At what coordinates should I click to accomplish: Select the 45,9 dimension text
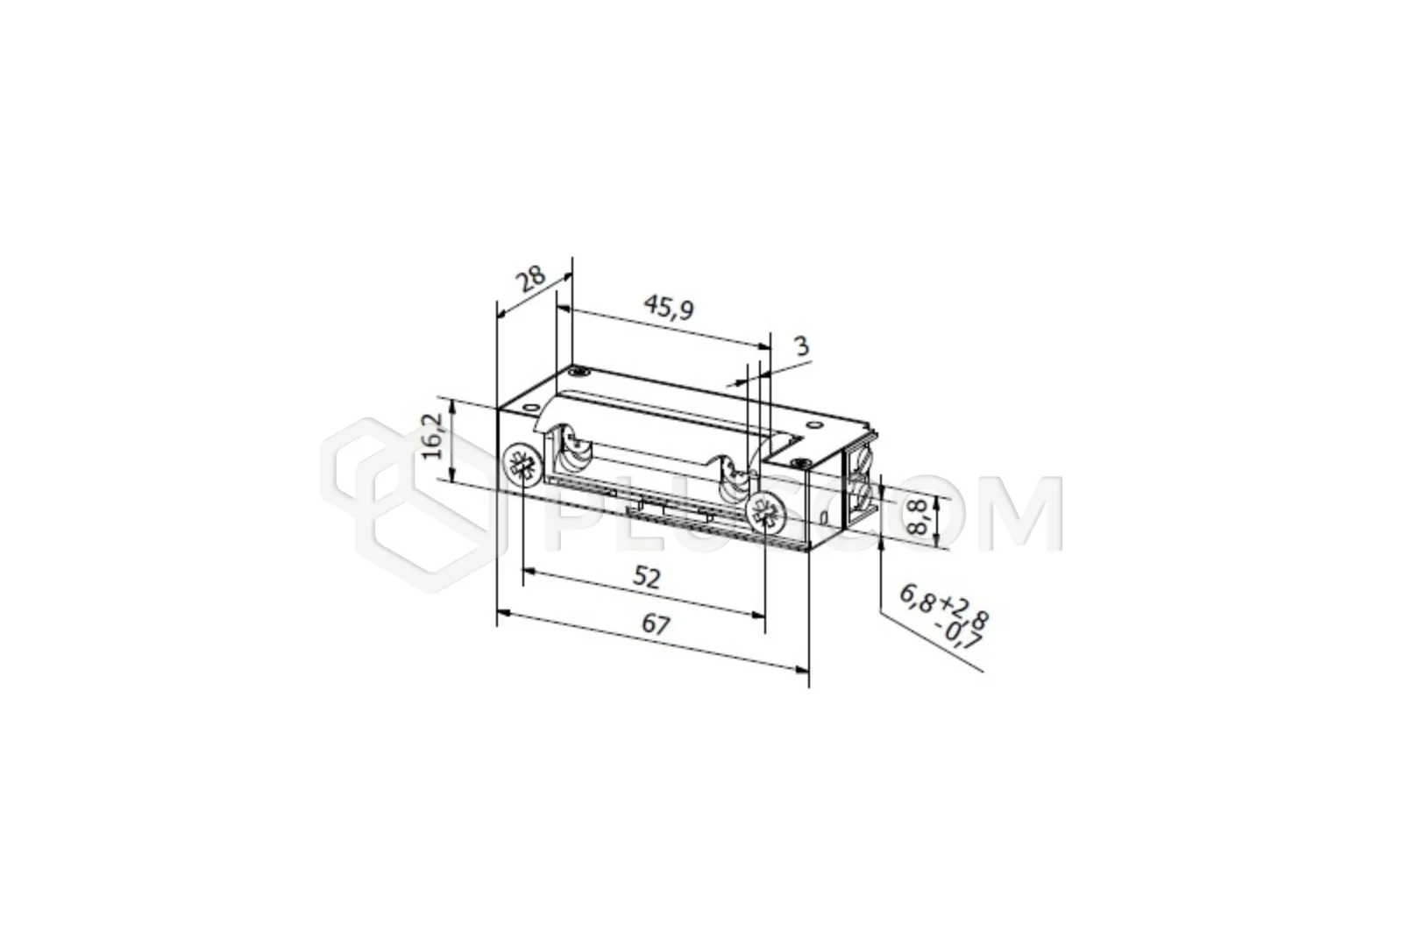[669, 309]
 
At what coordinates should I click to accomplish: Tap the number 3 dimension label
[802, 346]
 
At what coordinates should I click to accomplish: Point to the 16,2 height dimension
[434, 438]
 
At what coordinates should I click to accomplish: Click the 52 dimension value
[647, 577]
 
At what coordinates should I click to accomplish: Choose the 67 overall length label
[656, 625]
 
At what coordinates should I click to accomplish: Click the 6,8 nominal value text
[917, 598]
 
